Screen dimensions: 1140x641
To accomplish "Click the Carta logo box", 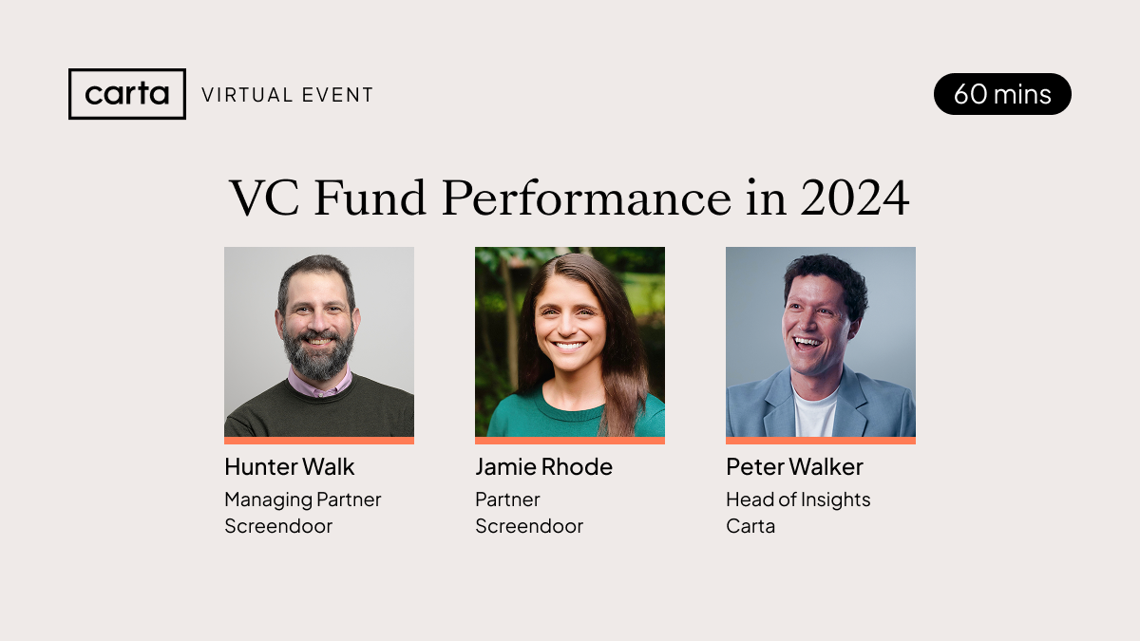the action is pyautogui.click(x=127, y=94).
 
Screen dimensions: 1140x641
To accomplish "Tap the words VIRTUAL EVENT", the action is pyautogui.click(x=288, y=95).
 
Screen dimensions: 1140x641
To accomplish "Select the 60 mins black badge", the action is pyautogui.click(x=1002, y=94).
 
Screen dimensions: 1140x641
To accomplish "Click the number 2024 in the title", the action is pyautogui.click(x=854, y=198).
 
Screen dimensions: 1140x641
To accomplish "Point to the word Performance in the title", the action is pyautogui.click(x=586, y=198).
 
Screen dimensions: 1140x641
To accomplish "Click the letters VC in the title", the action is pyautogui.click(x=264, y=198).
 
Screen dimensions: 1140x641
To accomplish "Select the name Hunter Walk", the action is pyautogui.click(x=289, y=467).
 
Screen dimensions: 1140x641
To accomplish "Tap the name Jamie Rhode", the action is pyautogui.click(x=543, y=467).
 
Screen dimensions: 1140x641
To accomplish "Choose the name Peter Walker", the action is pyautogui.click(x=794, y=467).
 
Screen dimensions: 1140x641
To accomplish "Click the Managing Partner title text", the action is pyautogui.click(x=302, y=500).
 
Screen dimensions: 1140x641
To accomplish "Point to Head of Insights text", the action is pyautogui.click(x=798, y=500).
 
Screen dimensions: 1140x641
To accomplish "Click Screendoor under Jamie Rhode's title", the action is pyautogui.click(x=529, y=526).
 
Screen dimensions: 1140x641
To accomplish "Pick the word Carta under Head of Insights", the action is pyautogui.click(x=750, y=526).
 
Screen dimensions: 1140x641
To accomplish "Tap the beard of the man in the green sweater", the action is pyautogui.click(x=318, y=356).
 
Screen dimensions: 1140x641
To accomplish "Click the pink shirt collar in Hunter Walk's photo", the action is pyautogui.click(x=318, y=385).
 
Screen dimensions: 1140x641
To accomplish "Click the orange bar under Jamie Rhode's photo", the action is pyautogui.click(x=570, y=441).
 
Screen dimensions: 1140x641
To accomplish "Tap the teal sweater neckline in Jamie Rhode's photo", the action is pyautogui.click(x=570, y=405).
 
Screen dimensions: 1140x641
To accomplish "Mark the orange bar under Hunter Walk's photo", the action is pyautogui.click(x=319, y=441).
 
